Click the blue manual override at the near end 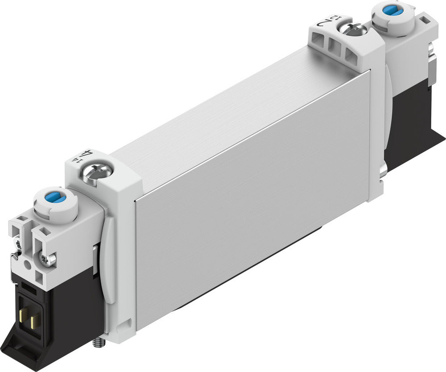[55, 198]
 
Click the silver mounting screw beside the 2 [352, 30]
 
